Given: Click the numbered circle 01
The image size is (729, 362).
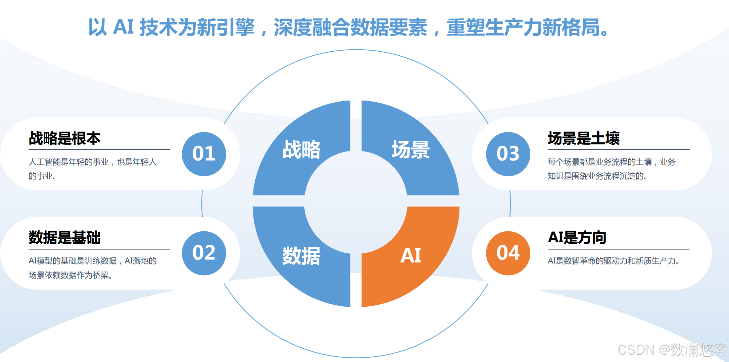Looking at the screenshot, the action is click(x=204, y=154).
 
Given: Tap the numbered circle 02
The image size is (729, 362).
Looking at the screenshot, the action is click(x=204, y=253).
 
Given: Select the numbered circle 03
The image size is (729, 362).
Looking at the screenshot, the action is click(x=508, y=154).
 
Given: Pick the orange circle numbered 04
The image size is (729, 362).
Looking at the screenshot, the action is click(x=508, y=253).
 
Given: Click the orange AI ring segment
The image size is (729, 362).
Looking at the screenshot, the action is click(x=423, y=265).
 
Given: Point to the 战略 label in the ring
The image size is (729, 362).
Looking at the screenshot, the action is click(x=301, y=149).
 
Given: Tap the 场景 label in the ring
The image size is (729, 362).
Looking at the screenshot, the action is click(x=410, y=149).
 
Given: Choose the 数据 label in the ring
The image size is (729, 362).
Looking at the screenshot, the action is click(x=301, y=256).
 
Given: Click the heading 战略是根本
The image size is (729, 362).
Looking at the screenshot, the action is click(x=65, y=138).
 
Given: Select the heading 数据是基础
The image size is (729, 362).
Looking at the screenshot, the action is click(x=65, y=238).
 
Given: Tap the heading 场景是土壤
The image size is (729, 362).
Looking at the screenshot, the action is click(x=584, y=138).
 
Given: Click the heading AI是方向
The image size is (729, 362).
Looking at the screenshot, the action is click(x=577, y=238).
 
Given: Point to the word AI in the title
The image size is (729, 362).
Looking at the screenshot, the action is click(x=124, y=27).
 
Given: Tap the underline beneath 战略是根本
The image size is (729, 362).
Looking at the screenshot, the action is click(x=99, y=149).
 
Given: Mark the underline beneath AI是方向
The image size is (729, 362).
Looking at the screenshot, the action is click(x=619, y=249).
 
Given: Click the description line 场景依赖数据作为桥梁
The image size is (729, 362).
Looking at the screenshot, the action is click(x=70, y=275).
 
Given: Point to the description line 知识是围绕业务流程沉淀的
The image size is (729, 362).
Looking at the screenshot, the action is click(x=597, y=176).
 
